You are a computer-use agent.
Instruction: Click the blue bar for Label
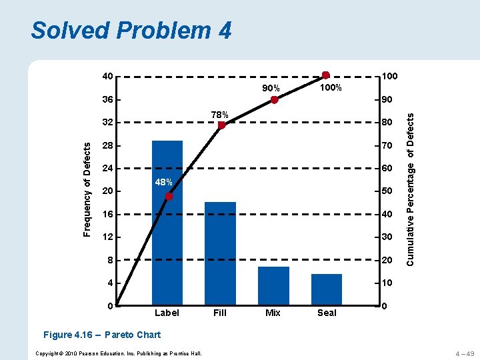pos(167,223)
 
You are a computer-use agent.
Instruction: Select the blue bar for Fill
pos(220,253)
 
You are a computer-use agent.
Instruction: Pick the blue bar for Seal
pos(327,289)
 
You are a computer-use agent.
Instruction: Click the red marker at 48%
pos(169,196)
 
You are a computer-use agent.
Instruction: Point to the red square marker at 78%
pos(221,125)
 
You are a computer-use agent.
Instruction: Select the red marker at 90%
pos(274,100)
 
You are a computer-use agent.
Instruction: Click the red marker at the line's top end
pos(325,75)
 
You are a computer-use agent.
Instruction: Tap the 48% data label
pos(163,183)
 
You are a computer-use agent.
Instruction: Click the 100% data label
pos(331,88)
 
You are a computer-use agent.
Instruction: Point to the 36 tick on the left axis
pos(108,100)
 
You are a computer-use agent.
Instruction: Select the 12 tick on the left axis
pos(108,237)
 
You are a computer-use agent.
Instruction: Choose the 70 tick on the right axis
pos(386,145)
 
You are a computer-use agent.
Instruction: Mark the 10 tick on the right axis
pos(386,283)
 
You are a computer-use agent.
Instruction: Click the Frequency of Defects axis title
pos(87,192)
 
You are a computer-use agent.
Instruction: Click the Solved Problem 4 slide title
pos(131,31)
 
